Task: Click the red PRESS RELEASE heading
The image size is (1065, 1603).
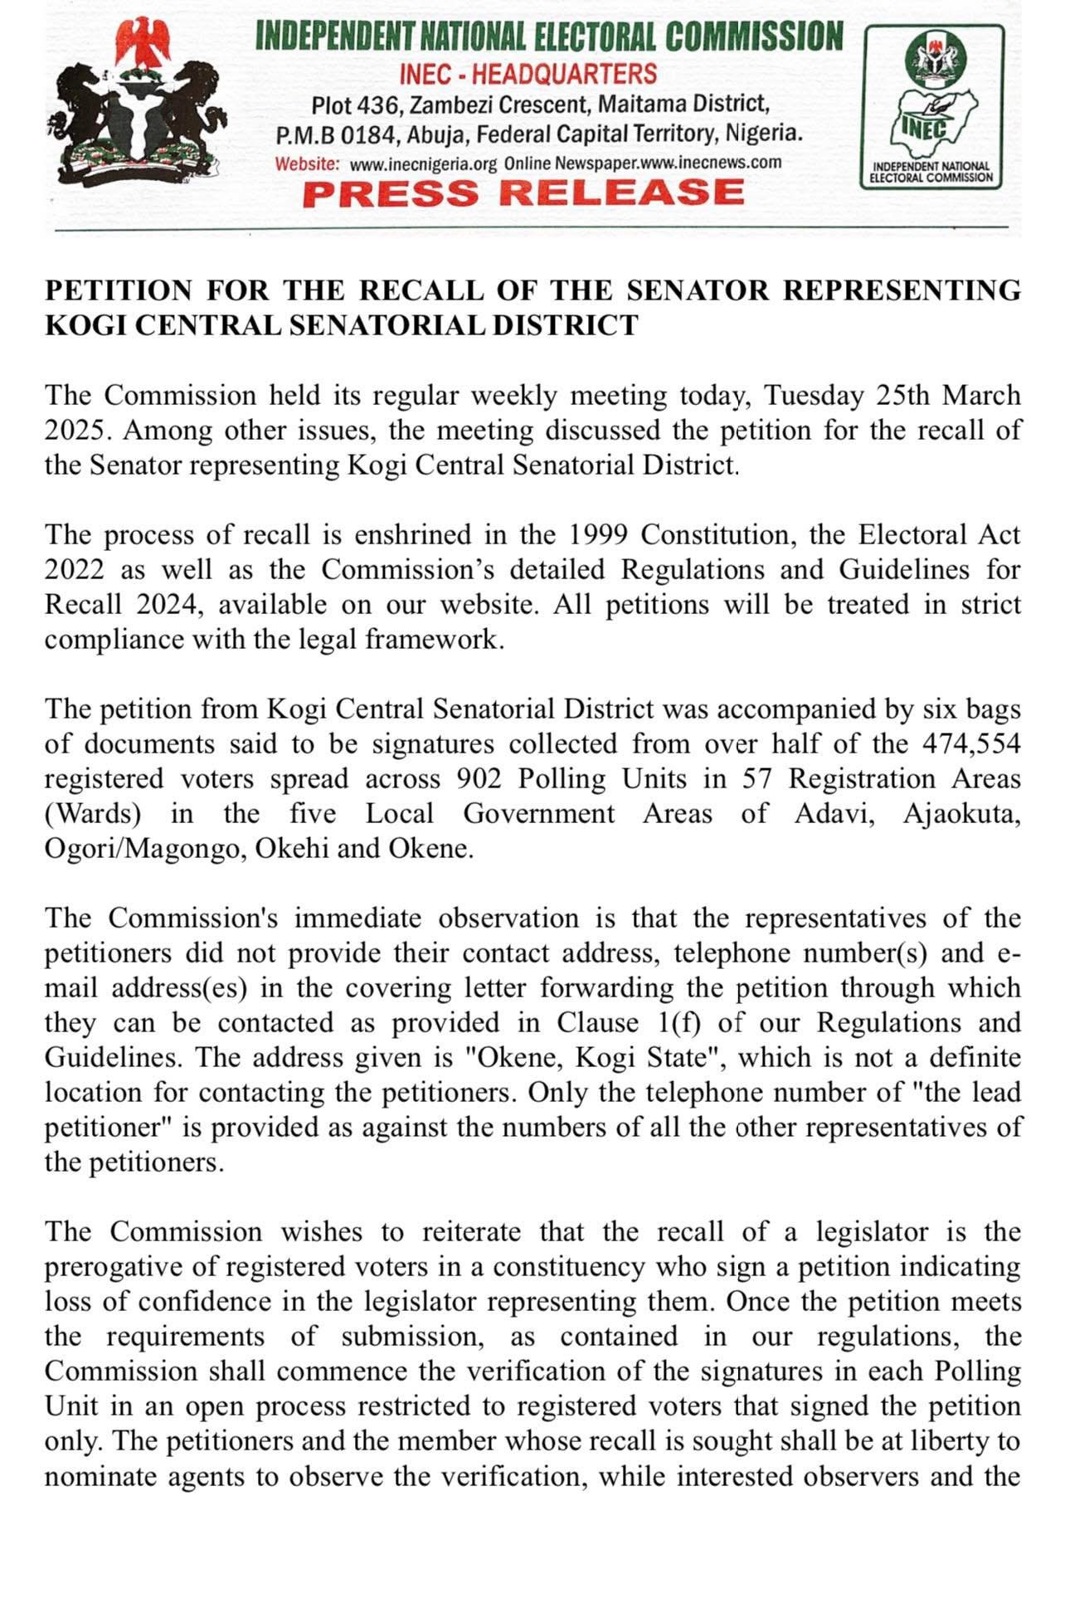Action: pos(523,192)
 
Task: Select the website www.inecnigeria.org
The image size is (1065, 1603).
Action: pos(423,163)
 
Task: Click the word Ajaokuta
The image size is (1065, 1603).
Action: pos(961,813)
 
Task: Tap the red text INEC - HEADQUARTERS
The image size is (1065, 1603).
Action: pos(528,74)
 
